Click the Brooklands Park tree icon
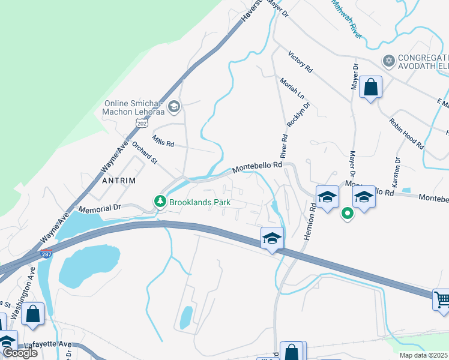160,202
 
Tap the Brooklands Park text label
200,203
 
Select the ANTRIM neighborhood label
119,180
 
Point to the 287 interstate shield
46,254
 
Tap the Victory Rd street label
300,62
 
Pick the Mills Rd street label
163,142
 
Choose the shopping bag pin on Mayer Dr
371,88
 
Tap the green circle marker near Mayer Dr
347,213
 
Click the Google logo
20,353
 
